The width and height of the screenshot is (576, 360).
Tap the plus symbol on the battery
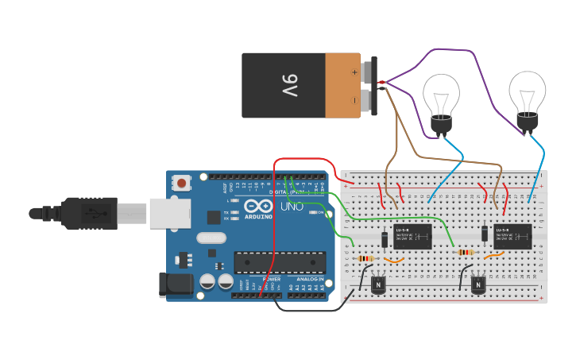pyautogui.click(x=354, y=72)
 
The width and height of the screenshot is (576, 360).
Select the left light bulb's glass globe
pyautogui.click(x=440, y=93)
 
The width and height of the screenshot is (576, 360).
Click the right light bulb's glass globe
pyautogui.click(x=527, y=91)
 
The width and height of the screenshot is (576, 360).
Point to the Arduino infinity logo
pyautogui.click(x=258, y=205)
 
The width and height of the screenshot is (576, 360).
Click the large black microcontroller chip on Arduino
pyautogui.click(x=279, y=262)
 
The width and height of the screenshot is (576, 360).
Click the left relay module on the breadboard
pyautogui.click(x=412, y=236)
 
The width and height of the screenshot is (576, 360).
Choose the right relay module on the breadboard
pyautogui.click(x=512, y=236)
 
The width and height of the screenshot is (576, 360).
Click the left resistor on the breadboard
pyautogui.click(x=365, y=258)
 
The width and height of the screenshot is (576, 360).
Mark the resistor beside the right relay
pyautogui.click(x=466, y=253)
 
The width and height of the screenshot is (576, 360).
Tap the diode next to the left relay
pyautogui.click(x=385, y=238)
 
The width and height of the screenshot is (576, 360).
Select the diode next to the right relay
pyautogui.click(x=485, y=233)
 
